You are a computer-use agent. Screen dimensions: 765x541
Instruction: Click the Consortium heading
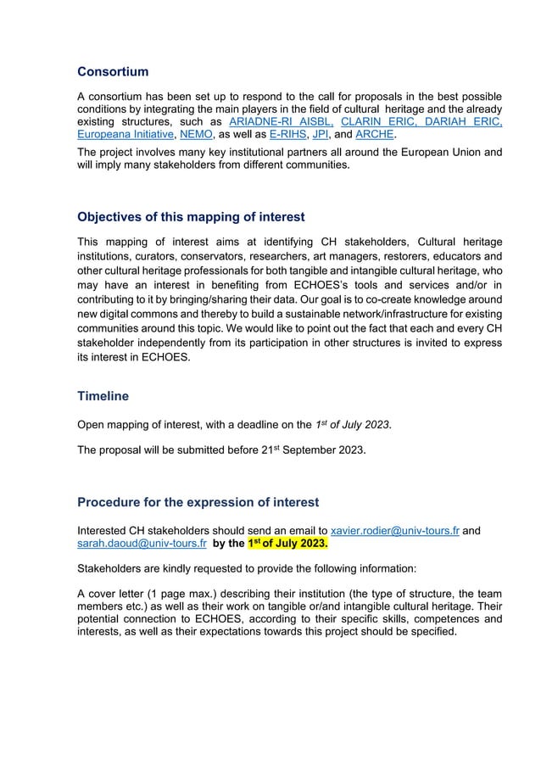113,71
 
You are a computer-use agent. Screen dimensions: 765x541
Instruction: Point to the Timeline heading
103,395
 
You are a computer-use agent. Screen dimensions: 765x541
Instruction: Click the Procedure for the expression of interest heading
198,503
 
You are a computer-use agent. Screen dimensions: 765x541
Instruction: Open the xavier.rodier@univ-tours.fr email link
394,531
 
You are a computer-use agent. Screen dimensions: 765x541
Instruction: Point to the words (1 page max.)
198,595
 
